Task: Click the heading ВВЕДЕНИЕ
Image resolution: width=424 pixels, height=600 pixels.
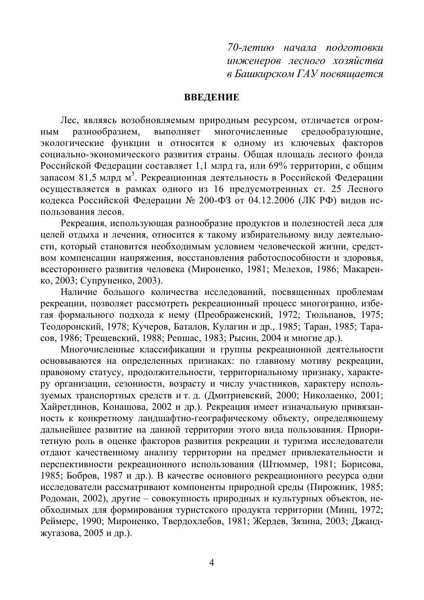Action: [x=212, y=97]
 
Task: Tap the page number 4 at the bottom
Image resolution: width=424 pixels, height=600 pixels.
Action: [x=212, y=563]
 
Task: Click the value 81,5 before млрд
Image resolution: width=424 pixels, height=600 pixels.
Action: [x=88, y=178]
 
